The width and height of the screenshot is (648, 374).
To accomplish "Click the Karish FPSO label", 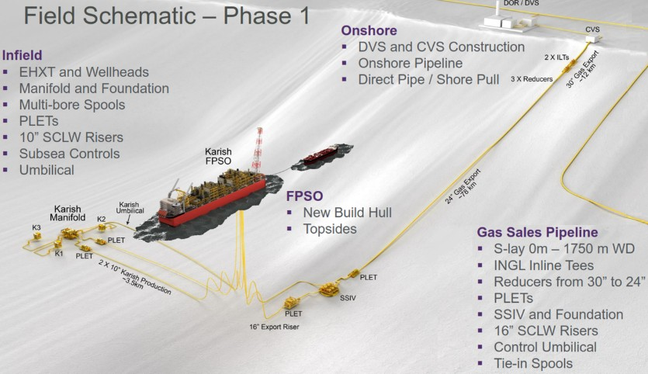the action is (218, 156).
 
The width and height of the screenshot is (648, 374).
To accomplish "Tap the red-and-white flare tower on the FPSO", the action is (258, 150).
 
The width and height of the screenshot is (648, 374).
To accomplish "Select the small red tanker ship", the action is (321, 154).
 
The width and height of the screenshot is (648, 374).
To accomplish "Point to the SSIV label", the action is (348, 298).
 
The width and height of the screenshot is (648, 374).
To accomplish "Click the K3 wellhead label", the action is (36, 227).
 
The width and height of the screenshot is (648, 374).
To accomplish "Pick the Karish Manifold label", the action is (68, 213).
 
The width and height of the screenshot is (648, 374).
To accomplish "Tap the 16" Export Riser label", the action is (274, 327).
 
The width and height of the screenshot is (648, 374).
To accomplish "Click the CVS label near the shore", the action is (592, 29).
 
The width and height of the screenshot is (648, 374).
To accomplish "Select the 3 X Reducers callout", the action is (532, 79).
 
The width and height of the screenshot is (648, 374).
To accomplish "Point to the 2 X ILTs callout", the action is (556, 57).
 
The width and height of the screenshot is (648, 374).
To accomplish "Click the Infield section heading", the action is (23, 55).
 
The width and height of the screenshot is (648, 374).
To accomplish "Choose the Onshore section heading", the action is (369, 30).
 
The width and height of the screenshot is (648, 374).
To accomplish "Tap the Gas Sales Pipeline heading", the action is (537, 232).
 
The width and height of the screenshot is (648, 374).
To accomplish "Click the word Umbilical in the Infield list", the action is (47, 170).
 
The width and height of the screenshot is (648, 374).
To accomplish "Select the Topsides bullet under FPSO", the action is (330, 229).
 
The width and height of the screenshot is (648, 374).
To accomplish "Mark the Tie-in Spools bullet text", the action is (533, 364).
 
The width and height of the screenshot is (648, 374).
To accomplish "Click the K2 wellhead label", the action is (101, 219).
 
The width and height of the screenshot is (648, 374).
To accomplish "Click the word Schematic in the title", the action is (139, 16).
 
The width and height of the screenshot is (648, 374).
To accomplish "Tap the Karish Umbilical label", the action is (130, 208).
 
